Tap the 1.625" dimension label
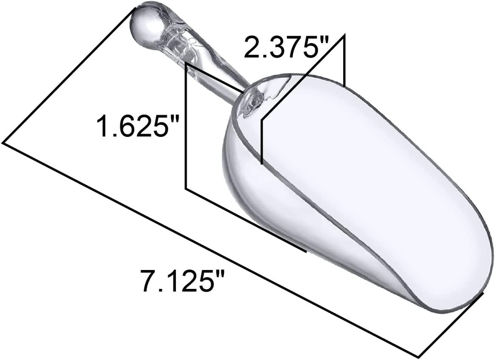coord(138,126)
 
